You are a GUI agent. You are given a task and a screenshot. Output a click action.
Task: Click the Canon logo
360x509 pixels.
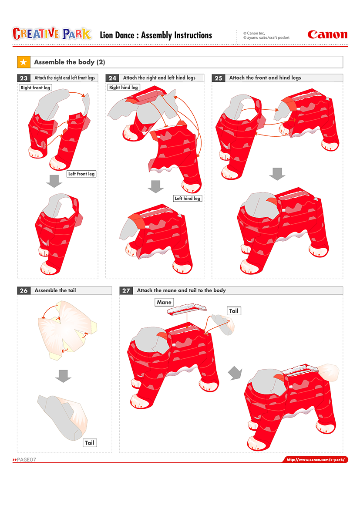coord(327,34)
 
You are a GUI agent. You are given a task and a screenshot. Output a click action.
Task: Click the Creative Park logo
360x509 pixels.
coord(52,34)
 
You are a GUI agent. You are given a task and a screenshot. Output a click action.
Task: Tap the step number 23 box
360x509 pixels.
coord(24,78)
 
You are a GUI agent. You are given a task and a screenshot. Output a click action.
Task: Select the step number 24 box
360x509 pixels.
coord(112,78)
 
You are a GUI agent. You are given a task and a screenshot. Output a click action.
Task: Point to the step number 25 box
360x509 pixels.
coord(219,78)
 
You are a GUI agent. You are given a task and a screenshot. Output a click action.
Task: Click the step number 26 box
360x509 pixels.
coord(24,290)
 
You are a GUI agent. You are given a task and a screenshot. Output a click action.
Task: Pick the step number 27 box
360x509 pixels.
coord(126,290)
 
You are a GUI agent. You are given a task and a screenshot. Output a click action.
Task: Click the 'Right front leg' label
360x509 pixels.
coord(35,88)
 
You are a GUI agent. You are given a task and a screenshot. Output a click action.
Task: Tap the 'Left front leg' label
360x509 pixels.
coord(81,174)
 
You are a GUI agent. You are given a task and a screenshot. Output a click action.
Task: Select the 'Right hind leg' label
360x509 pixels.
coord(124,88)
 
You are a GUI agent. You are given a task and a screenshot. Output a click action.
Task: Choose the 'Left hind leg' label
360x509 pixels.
coord(188,199)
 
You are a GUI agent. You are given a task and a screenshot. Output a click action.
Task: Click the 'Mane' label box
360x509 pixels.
coord(164,302)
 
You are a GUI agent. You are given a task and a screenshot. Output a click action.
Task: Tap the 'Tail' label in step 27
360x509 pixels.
coord(234,311)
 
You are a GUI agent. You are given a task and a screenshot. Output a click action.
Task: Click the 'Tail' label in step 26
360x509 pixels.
coord(90,443)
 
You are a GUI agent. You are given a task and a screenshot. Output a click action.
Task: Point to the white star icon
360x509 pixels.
coord(24,62)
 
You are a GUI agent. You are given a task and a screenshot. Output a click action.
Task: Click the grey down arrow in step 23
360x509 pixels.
coord(54,181)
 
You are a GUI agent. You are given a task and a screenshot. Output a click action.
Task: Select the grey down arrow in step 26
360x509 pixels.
coord(63,376)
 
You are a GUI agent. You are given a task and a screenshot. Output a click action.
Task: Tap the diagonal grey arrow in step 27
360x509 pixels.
coord(235,373)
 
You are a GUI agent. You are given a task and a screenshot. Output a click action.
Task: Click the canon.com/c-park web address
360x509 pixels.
coord(316,460)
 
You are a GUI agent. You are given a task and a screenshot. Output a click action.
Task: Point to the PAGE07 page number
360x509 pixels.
coord(24,460)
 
